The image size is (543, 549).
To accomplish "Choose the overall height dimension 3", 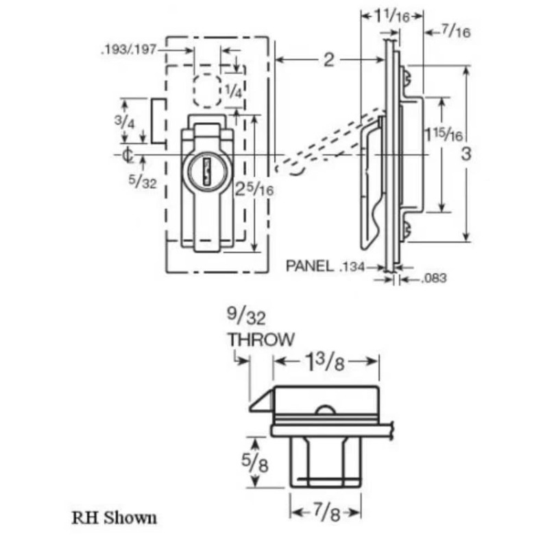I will (x=466, y=154).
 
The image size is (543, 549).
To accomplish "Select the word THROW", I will (x=261, y=338).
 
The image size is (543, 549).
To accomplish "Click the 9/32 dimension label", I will (x=244, y=316).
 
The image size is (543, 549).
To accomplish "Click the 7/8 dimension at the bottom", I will (x=326, y=512).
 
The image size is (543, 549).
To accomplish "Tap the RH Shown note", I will (x=114, y=516).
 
